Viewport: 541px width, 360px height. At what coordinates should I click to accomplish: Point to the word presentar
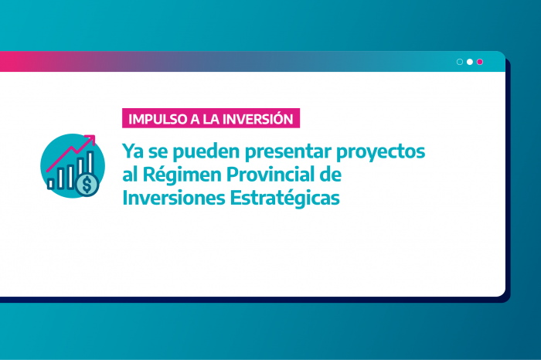(292, 151)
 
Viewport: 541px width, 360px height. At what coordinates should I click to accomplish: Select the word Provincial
(274, 174)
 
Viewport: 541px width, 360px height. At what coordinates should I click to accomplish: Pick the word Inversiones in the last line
(172, 197)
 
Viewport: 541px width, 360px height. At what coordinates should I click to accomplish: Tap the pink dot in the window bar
(480, 62)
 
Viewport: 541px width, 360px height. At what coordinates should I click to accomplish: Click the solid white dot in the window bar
(470, 62)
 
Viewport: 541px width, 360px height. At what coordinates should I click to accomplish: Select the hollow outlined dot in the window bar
(460, 62)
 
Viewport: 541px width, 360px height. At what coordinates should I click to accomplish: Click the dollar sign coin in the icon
(87, 185)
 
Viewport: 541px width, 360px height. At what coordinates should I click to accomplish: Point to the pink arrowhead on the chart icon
(91, 140)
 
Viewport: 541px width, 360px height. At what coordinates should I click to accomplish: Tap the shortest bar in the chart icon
(51, 183)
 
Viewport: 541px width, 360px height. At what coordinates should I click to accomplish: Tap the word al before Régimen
(128, 174)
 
